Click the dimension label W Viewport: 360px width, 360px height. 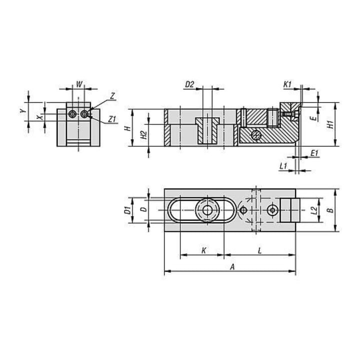(x=79, y=84)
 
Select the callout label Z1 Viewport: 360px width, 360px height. (x=112, y=119)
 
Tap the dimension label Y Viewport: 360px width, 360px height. (x=22, y=111)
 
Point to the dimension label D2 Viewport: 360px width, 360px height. (x=189, y=84)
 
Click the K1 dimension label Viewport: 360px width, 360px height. (x=287, y=84)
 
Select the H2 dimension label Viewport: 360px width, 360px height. (x=143, y=135)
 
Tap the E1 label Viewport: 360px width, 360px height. (x=314, y=153)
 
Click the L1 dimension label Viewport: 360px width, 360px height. (x=283, y=166)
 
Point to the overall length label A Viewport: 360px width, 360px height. (x=232, y=267)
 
